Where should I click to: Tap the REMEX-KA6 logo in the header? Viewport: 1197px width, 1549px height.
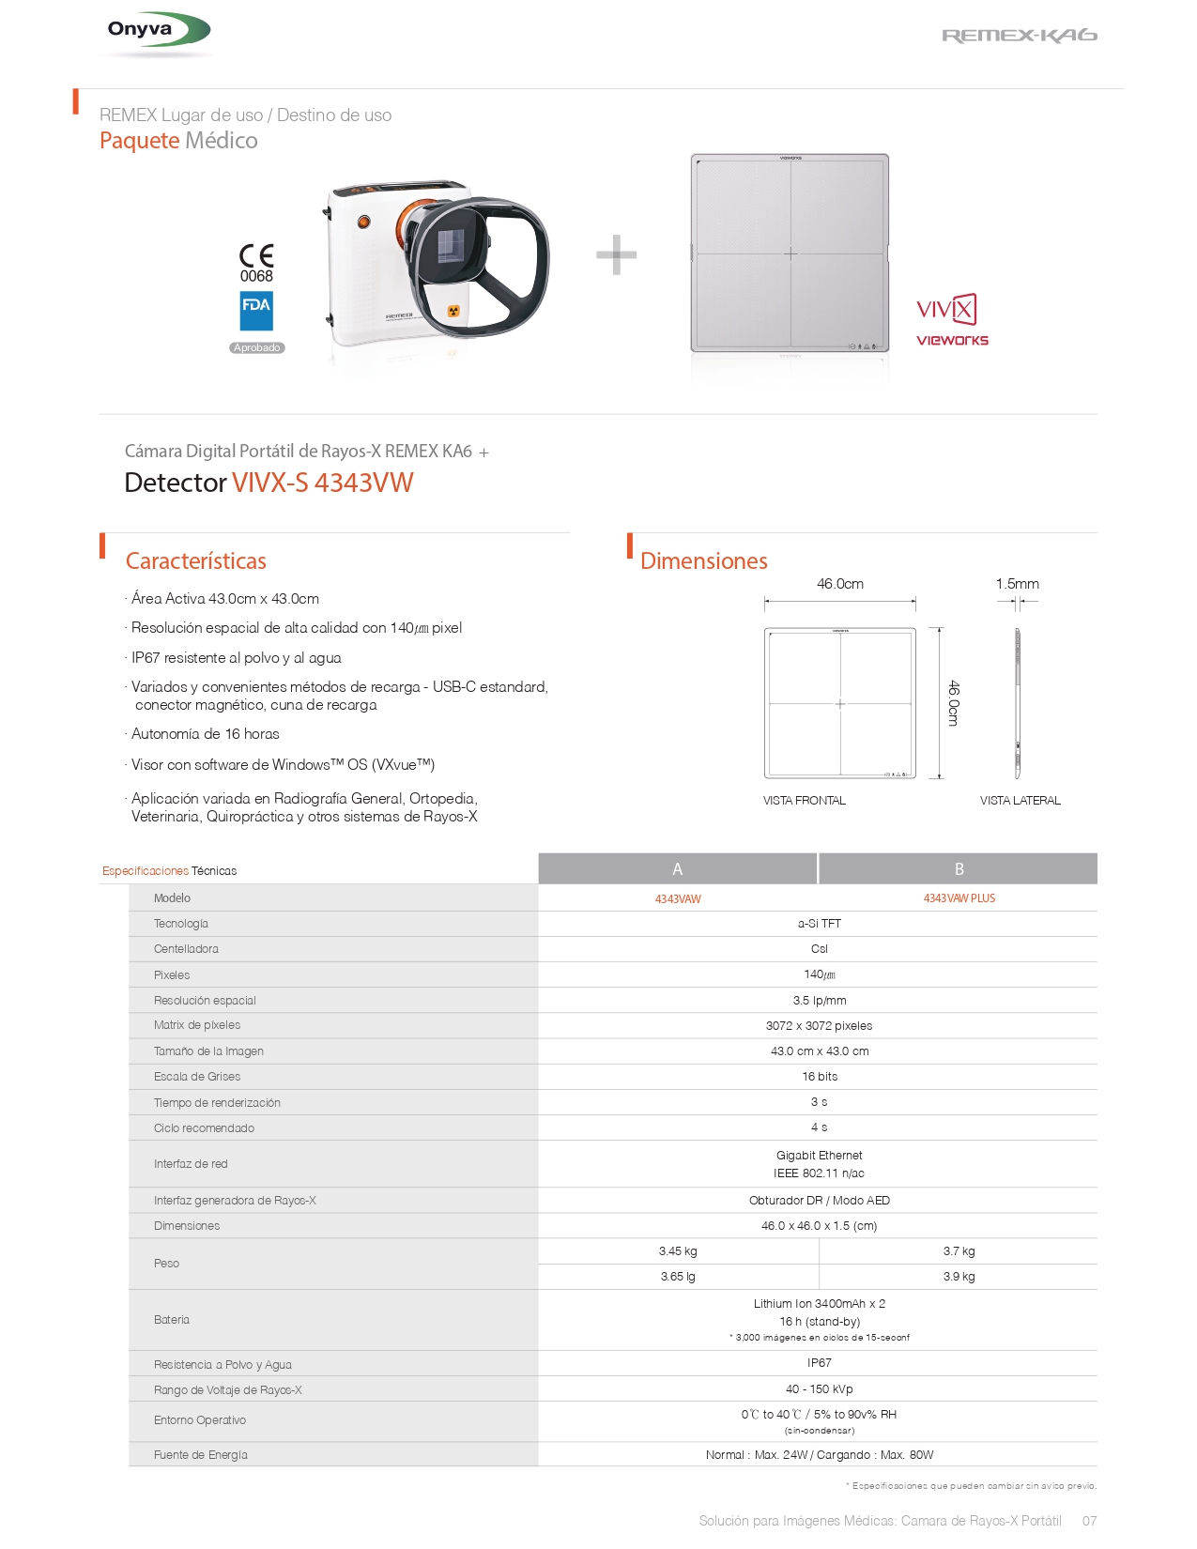[1019, 36]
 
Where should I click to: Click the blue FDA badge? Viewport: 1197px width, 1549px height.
[256, 311]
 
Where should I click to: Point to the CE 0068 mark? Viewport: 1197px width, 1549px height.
[256, 263]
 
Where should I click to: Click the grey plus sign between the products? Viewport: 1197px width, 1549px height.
[617, 254]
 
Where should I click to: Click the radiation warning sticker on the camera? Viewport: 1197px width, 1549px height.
[453, 311]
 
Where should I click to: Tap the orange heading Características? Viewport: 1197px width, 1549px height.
[196, 561]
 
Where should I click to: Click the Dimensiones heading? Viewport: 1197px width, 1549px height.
[704, 561]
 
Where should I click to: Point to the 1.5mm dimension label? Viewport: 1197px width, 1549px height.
[1018, 584]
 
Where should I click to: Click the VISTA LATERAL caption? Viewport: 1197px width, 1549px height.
[1020, 801]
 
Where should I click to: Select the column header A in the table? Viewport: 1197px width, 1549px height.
[678, 869]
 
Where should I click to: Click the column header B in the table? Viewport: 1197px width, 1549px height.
[959, 869]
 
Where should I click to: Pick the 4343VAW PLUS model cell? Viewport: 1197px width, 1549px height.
[959, 898]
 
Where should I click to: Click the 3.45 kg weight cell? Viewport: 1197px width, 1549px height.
[678, 1251]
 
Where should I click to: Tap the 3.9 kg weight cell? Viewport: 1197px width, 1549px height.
[959, 1277]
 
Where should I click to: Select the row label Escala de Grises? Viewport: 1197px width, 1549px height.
[197, 1077]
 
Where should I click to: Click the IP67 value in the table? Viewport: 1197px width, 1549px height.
[819, 1363]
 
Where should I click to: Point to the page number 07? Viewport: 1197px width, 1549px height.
[1089, 1521]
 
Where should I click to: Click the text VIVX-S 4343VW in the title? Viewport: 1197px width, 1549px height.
[322, 483]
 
